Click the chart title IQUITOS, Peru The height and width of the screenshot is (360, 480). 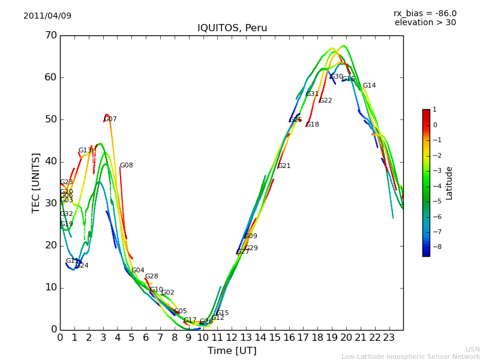232,28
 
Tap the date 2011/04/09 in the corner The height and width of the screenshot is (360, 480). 47,16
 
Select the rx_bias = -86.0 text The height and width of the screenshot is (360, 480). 425,13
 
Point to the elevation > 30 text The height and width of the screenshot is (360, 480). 425,23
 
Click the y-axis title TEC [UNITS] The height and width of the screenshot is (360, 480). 36,182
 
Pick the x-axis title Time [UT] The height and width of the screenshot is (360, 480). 232,350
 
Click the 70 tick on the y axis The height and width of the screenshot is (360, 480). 50,35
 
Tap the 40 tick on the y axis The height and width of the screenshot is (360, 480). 50,161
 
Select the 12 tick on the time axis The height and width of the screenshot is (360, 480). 232,337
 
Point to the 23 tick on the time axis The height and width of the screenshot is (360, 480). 389,337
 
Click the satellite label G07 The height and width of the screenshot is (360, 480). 110,119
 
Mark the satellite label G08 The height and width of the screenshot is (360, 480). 126,166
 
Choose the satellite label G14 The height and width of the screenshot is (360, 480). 369,86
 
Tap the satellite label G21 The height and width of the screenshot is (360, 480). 284,166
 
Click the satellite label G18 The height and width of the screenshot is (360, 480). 313,125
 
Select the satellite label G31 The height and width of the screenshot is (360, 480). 313,94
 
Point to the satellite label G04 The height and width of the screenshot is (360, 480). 138,271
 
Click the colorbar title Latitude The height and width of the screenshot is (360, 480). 449,182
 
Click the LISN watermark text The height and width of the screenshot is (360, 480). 473,349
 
